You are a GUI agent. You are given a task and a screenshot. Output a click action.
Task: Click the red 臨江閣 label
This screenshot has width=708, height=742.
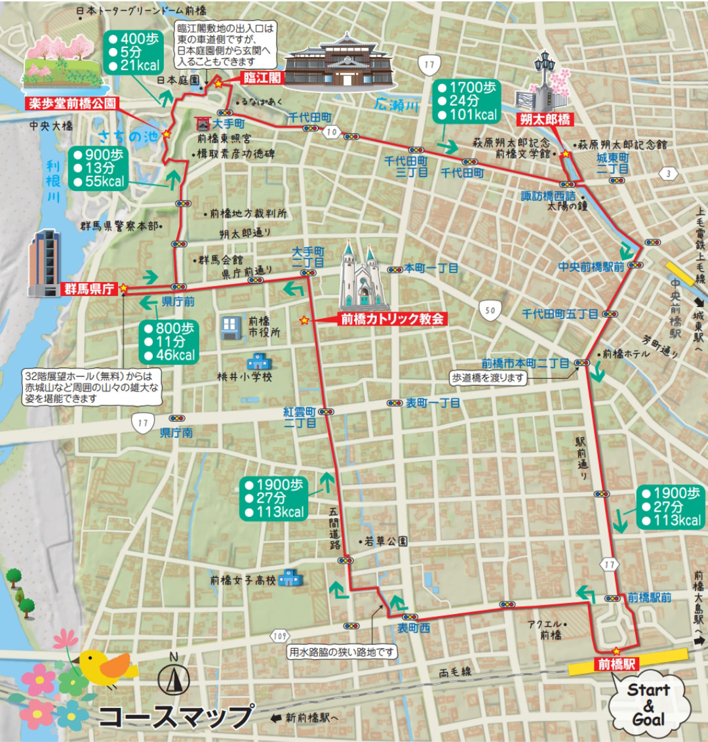pos(262,78)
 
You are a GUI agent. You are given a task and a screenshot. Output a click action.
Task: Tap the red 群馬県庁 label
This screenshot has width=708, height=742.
pos(88,289)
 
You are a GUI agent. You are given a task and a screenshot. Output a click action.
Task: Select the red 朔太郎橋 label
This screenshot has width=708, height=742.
pos(545,119)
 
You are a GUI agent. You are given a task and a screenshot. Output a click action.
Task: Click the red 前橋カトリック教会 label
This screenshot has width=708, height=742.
pos(392,319)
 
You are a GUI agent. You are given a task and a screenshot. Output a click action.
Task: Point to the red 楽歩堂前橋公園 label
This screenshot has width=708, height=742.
pos(71,103)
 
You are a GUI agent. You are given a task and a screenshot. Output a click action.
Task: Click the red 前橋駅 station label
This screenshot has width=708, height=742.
pos(616,664)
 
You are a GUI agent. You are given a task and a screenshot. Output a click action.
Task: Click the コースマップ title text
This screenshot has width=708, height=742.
pos(176,716)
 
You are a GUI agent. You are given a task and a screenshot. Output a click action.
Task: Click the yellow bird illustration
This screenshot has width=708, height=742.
pos(105,666)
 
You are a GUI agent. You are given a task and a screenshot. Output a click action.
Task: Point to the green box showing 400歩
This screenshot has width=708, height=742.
pos(133,52)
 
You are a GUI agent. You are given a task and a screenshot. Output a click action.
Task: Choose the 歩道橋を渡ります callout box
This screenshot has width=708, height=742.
pos(488,378)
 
